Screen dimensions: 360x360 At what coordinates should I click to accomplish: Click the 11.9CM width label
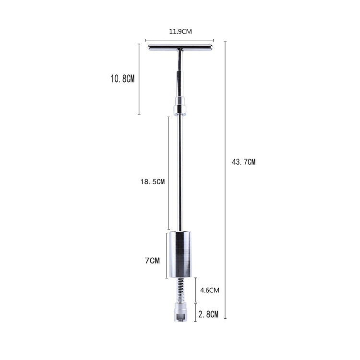[180, 32]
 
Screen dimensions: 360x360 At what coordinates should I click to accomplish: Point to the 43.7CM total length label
[243, 162]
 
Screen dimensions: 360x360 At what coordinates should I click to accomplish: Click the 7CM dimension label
[152, 261]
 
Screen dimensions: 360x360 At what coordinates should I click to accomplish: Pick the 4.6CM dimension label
[209, 290]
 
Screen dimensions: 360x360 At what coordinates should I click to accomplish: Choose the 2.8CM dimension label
[208, 315]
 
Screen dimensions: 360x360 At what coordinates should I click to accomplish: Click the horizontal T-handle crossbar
[180, 47]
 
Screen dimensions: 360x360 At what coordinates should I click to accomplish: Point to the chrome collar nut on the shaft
[180, 106]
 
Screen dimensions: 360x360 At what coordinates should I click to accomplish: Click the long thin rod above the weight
[180, 173]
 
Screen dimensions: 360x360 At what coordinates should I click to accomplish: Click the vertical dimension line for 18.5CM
[168, 173]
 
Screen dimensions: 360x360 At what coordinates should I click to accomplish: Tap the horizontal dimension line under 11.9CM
[180, 40]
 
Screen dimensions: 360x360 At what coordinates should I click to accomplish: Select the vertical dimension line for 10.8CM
[139, 79]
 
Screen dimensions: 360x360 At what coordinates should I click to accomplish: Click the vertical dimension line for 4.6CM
[195, 289]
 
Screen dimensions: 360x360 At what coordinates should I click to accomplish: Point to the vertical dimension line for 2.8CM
[195, 312]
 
